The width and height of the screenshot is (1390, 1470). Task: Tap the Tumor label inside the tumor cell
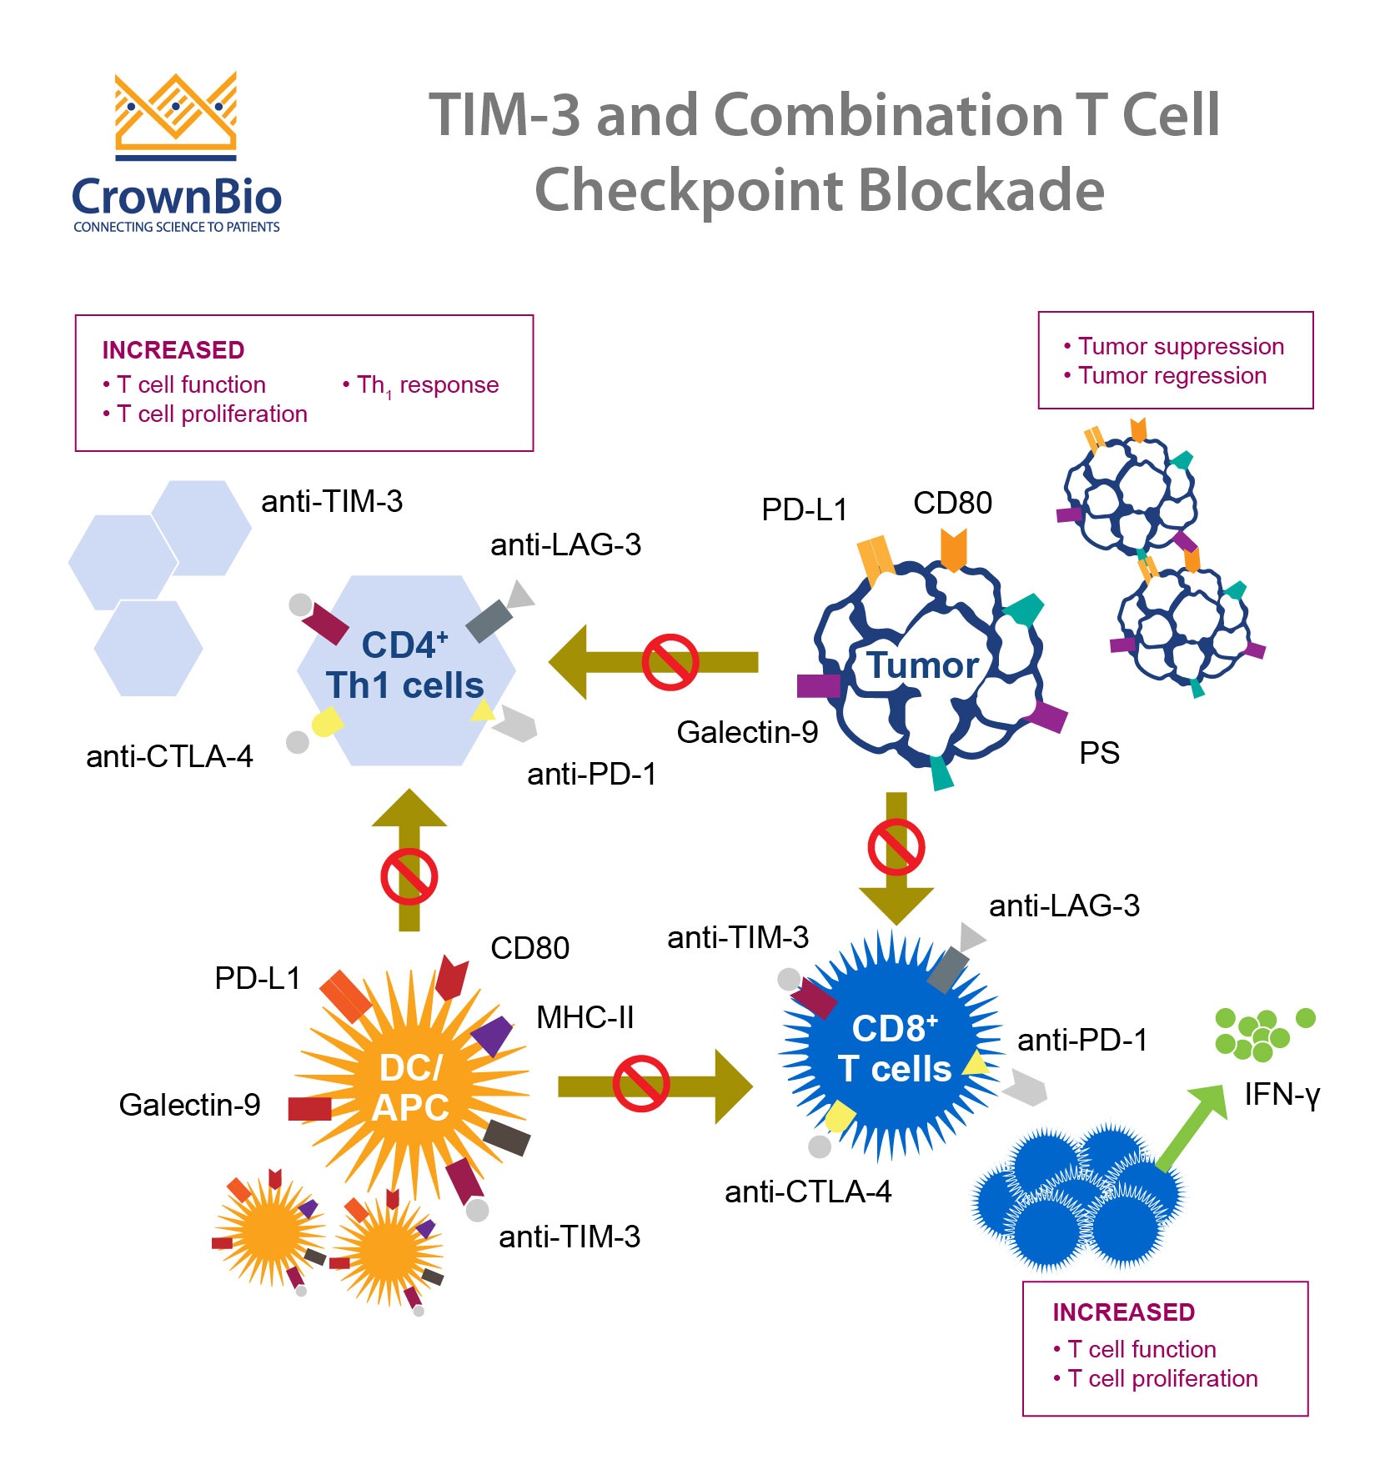[922, 666]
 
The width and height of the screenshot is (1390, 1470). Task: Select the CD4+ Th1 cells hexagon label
[405, 666]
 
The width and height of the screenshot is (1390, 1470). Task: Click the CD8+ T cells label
[895, 1050]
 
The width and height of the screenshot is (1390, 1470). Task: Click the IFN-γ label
[1281, 1095]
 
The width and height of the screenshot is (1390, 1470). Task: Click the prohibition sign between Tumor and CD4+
[670, 663]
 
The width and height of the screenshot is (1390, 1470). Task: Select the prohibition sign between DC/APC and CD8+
[640, 1085]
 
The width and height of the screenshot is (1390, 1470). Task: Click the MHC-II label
[585, 1018]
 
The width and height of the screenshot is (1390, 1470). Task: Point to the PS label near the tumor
[1099, 754]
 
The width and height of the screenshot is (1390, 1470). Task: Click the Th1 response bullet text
[420, 385]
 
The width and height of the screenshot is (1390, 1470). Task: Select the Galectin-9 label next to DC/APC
[189, 1106]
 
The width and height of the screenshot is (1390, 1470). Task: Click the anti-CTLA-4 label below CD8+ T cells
[807, 1192]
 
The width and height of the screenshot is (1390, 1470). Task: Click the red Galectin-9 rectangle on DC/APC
[309, 1109]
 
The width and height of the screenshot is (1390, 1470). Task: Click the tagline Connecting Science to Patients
[176, 228]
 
